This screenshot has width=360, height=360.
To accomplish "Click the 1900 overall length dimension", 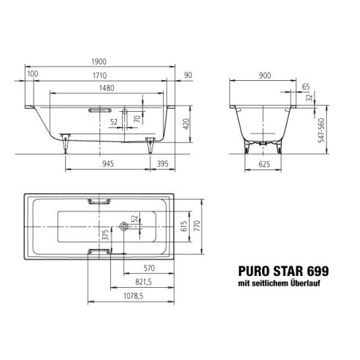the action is pyautogui.click(x=99, y=62).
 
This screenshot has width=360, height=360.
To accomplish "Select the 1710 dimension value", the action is pyautogui.click(x=100, y=76).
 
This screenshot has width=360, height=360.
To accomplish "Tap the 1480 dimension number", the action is pyautogui.click(x=107, y=88).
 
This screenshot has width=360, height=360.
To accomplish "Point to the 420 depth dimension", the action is pyautogui.click(x=186, y=124).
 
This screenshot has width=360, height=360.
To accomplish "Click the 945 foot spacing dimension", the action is pyautogui.click(x=108, y=164).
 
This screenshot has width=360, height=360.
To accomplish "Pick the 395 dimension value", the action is pyautogui.click(x=162, y=164).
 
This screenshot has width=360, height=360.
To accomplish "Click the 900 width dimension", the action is pyautogui.click(x=265, y=76).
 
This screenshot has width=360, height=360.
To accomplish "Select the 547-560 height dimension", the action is pyautogui.click(x=321, y=130).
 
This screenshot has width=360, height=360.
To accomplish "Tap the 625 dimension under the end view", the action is pyautogui.click(x=264, y=164).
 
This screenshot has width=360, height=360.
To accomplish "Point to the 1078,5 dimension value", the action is pyautogui.click(x=133, y=296).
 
